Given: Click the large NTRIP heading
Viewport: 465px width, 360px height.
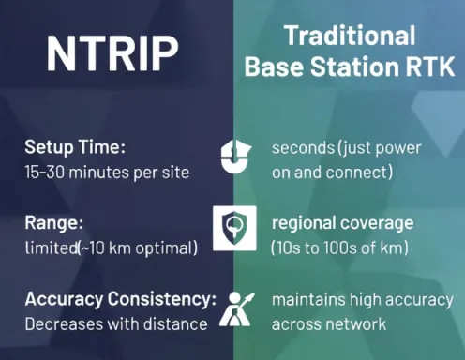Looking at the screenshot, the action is point(112,53).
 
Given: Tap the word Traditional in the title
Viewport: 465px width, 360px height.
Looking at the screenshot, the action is point(351,36).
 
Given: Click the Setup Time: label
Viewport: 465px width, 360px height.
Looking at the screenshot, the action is point(75,147).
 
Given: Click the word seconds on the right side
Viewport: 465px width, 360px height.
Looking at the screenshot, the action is point(303,148).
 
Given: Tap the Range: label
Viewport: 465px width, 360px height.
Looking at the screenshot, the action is point(54,223).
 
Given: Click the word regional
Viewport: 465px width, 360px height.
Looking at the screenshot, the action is point(304,224).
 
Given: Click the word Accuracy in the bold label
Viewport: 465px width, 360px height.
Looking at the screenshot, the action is point(64,299).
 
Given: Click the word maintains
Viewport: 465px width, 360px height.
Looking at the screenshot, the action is point(308,299).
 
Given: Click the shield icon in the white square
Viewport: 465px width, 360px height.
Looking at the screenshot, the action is point(234,228).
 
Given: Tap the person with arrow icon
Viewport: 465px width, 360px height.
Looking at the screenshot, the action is point(236,309).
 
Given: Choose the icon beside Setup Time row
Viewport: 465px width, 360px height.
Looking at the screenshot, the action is point(235,157).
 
